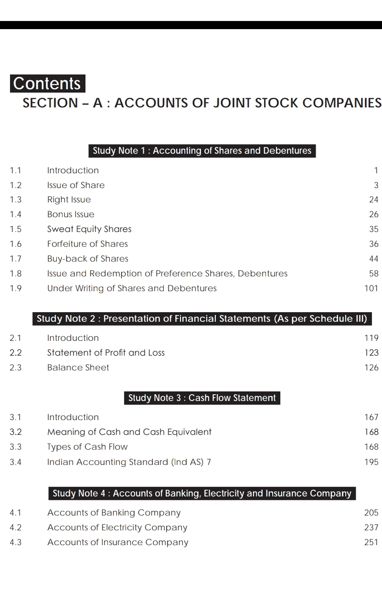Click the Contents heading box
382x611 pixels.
point(47,84)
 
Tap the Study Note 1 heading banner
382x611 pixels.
point(202,151)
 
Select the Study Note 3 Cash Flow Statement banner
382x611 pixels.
point(202,398)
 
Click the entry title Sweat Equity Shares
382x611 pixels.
point(89,229)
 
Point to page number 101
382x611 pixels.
point(371,288)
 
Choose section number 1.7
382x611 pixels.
point(16,259)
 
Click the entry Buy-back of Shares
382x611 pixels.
point(88,259)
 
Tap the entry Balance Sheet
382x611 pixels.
point(78,368)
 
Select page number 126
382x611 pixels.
point(371,368)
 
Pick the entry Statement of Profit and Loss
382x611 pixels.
point(106,353)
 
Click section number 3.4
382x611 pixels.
point(16,462)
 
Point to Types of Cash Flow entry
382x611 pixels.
point(87,447)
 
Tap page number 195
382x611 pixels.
point(371,462)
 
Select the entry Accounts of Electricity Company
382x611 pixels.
point(117,527)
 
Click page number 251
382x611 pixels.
point(371,542)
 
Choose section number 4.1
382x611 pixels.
point(16,513)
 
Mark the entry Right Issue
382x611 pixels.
point(69,200)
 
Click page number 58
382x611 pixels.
point(373,274)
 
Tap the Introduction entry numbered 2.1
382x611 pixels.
point(73,338)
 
